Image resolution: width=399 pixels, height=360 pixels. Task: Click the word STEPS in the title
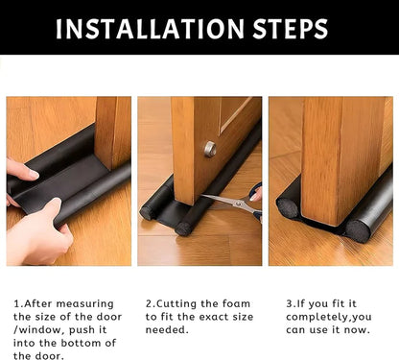pyautogui.click(x=293, y=28)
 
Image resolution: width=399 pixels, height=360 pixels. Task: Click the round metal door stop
pyautogui.click(x=209, y=149)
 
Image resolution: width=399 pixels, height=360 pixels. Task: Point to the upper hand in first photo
pyautogui.click(x=21, y=170)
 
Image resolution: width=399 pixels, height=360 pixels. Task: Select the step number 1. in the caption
pyautogui.click(x=18, y=303)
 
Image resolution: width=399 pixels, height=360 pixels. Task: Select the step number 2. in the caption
pyautogui.click(x=151, y=303)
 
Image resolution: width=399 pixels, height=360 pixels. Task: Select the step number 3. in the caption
pyautogui.click(x=291, y=303)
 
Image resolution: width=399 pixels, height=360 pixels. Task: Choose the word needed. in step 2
pyautogui.click(x=169, y=330)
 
